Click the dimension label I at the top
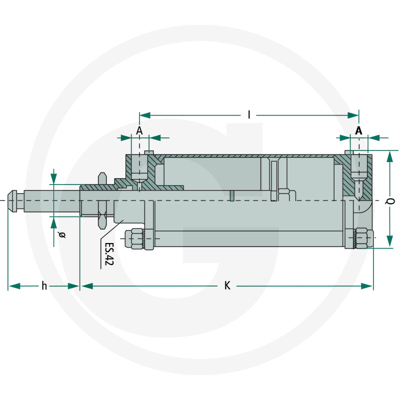pos(249,115)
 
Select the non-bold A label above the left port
pos(139,130)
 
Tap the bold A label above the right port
pos(358,130)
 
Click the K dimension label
pos(227,286)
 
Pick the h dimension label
pos(44,286)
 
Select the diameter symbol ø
pos(62,234)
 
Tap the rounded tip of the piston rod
pos(12,200)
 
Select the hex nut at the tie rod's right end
pos(362,238)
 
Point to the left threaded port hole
pos(139,170)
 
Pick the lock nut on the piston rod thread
pos(102,200)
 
